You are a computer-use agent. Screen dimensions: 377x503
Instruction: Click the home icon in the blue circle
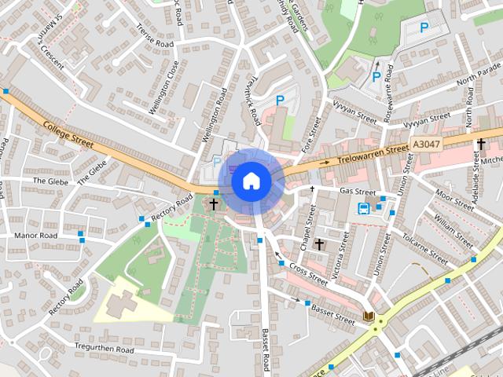coord(251,181)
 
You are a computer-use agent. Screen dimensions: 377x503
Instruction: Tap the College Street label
coord(68,134)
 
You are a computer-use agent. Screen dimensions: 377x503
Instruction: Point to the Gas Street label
coord(358,191)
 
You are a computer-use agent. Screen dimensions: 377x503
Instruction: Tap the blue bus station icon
coord(365,208)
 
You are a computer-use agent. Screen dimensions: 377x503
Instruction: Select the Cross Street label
coord(307,273)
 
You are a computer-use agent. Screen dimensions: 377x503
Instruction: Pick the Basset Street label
coord(332,313)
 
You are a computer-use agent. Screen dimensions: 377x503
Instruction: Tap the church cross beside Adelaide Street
coord(481,145)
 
